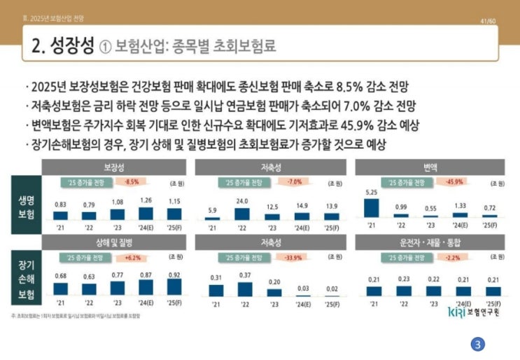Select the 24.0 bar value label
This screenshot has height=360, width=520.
pyautogui.click(x=241, y=202)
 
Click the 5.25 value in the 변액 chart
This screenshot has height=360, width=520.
pyautogui.click(x=372, y=191)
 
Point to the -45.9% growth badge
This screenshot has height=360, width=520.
pyautogui.click(x=454, y=182)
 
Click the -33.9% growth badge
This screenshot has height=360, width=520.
pyautogui.click(x=293, y=256)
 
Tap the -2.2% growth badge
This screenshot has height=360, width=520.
pyautogui.click(x=454, y=256)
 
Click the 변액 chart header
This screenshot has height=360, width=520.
pyautogui.click(x=430, y=167)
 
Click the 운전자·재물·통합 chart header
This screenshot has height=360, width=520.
pyautogui.click(x=430, y=242)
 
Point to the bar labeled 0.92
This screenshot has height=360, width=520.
pyautogui.click(x=174, y=286)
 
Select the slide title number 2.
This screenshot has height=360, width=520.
pyautogui.click(x=38, y=46)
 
